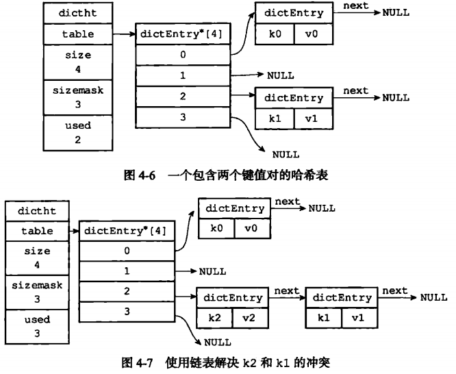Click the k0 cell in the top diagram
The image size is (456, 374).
(275, 34)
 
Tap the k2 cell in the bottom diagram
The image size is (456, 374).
(215, 317)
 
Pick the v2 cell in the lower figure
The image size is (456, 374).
(249, 317)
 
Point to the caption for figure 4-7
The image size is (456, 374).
(228, 358)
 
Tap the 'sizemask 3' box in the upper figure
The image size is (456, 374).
(77, 97)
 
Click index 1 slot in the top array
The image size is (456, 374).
(183, 75)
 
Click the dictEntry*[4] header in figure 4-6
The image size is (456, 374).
(183, 33)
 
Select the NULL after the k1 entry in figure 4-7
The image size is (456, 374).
(433, 297)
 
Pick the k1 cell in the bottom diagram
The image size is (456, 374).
(324, 317)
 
